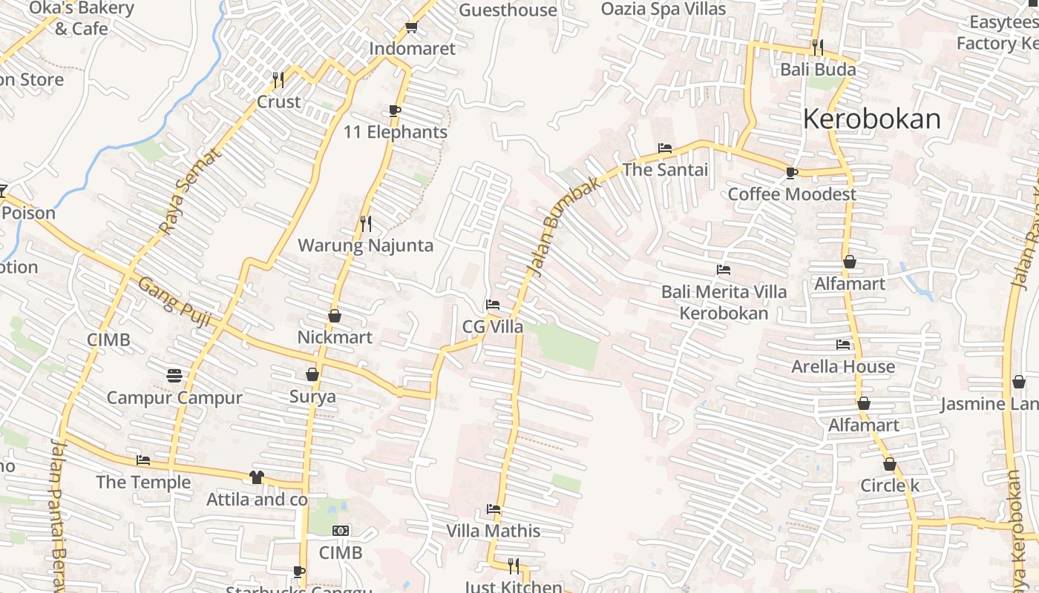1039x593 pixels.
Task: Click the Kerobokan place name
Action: [x=871, y=119]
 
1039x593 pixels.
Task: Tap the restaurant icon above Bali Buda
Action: [x=818, y=47]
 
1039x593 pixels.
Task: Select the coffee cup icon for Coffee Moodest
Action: [x=792, y=173]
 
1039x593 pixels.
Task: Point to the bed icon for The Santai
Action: [x=665, y=148]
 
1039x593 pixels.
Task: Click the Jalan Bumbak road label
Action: [x=565, y=228]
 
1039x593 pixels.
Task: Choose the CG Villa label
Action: [x=493, y=327]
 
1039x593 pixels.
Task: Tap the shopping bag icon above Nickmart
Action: [x=335, y=316]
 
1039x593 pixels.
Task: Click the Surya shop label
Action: [x=312, y=397]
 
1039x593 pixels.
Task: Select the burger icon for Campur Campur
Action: [x=174, y=376]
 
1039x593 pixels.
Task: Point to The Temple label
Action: [x=143, y=483]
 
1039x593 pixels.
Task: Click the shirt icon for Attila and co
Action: [x=257, y=477]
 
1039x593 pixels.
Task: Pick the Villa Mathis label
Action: [x=494, y=531]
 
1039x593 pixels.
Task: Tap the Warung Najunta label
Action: [x=365, y=245]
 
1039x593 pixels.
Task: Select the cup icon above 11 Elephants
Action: [x=395, y=111]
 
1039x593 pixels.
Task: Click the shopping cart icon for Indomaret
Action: [x=411, y=27]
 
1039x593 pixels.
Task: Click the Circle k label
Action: [x=890, y=486]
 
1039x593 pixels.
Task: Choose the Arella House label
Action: [x=843, y=366]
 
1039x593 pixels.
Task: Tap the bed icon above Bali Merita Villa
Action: [x=724, y=270]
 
